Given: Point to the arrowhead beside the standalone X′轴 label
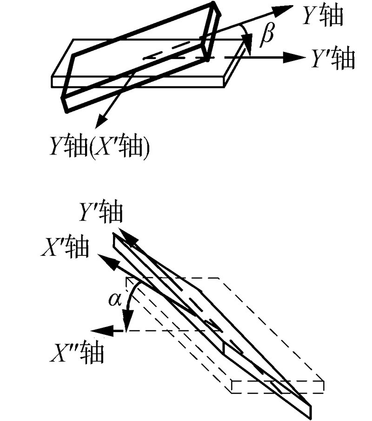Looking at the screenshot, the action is coord(103,257).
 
